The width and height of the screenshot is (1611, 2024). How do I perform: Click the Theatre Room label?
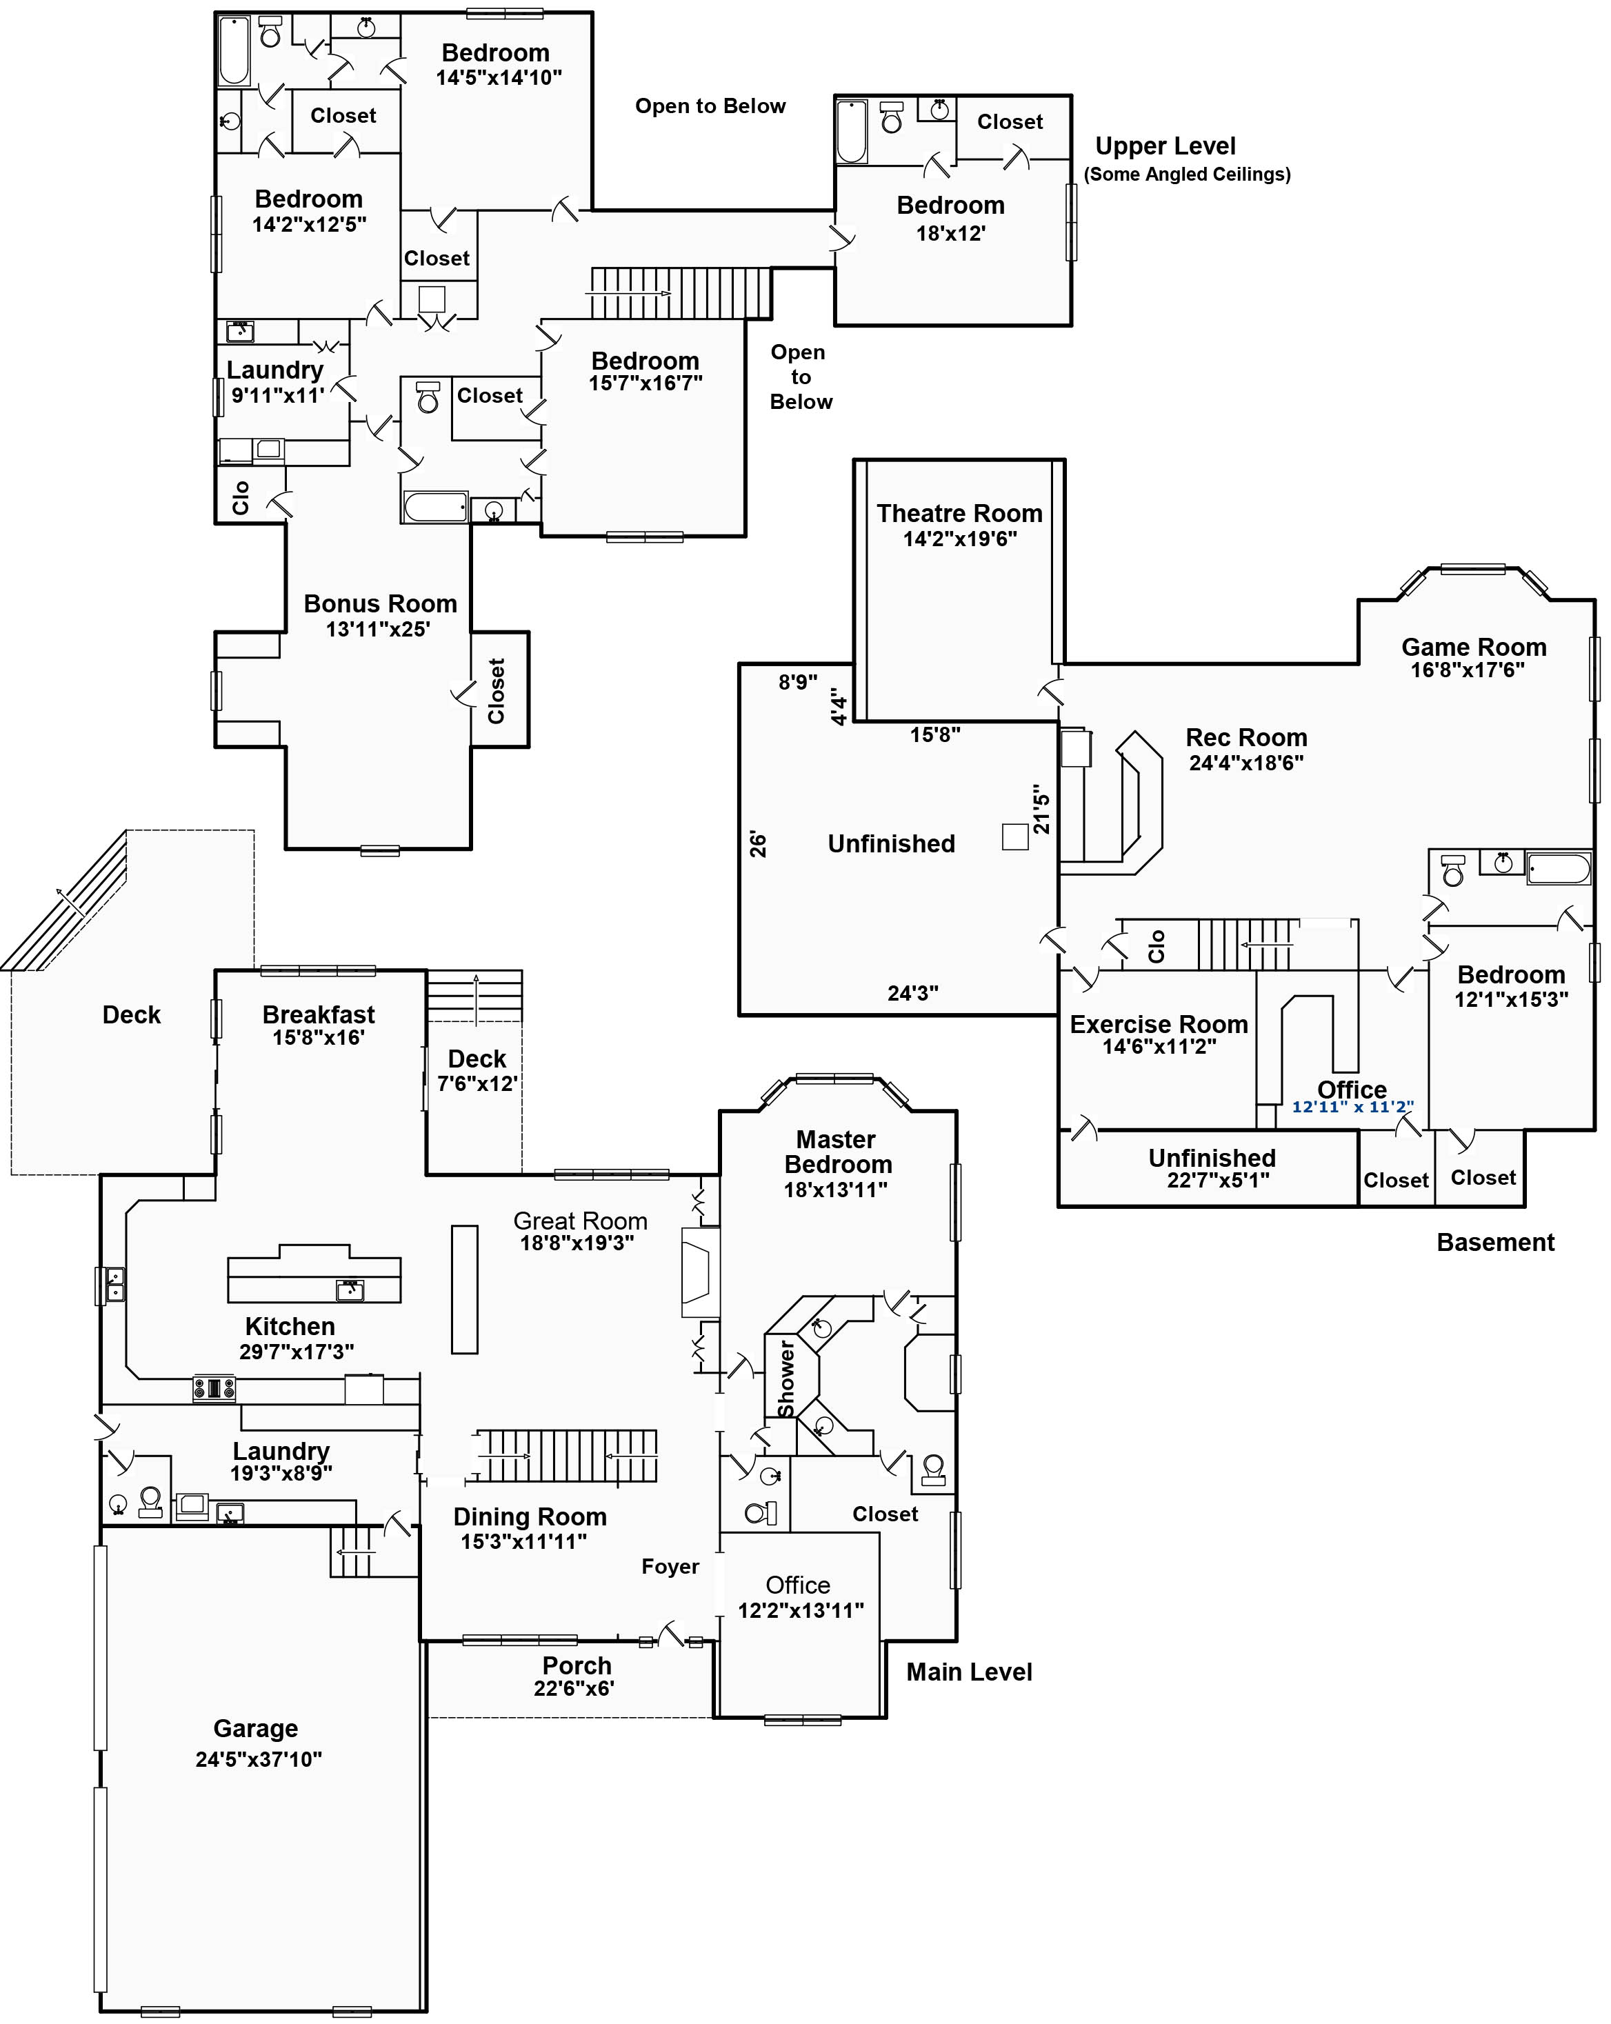(959, 514)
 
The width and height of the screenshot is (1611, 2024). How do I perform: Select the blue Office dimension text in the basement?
(1353, 1107)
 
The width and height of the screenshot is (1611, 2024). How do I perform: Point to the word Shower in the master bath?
(786, 1378)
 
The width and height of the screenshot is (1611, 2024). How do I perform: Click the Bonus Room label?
(380, 603)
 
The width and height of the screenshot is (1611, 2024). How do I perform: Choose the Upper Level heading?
(1165, 146)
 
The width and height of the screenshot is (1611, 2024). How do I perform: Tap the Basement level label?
(1496, 1242)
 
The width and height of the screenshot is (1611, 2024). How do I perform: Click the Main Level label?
(969, 1672)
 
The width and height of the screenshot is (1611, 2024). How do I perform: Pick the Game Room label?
(1474, 647)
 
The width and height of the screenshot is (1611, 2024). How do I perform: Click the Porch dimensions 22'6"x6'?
(574, 1688)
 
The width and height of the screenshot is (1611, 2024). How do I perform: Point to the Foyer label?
(670, 1566)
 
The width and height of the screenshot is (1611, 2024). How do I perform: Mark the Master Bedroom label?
(837, 1152)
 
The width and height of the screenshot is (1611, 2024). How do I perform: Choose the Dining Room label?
(530, 1517)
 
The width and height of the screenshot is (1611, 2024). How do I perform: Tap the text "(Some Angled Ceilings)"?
(1187, 174)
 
